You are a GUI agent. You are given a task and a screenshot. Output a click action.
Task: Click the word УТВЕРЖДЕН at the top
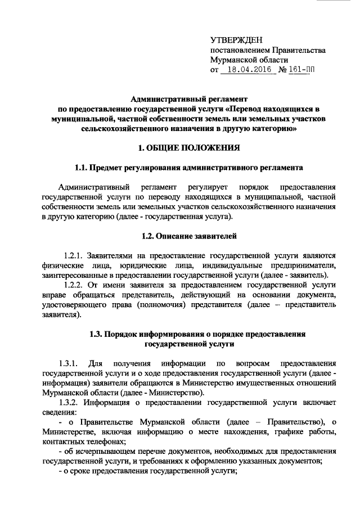coord(235,40)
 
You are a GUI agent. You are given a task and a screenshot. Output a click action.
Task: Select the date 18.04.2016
coord(247,71)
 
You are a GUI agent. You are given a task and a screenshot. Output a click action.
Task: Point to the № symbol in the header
coord(282,71)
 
